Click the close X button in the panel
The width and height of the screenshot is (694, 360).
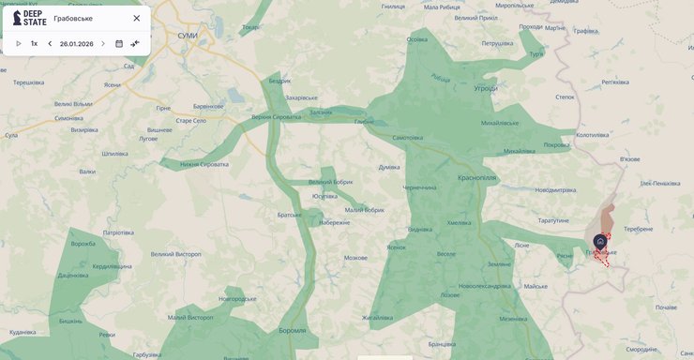point(136,18)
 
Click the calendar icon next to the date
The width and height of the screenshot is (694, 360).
point(119,43)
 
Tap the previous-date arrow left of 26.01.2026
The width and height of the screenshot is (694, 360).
point(50,43)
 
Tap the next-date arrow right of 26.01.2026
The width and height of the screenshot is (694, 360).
point(103,43)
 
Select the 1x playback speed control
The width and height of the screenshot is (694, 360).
point(34,43)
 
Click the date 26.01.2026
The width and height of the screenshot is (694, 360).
point(76,43)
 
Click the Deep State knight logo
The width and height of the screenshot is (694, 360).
point(17,18)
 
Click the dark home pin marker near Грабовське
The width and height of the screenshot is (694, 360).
point(600,241)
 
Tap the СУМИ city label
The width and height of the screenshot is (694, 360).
point(188,35)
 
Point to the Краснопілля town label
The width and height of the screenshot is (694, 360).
point(451,176)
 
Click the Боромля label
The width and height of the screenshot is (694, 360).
point(292,330)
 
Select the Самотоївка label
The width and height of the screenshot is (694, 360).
point(407,138)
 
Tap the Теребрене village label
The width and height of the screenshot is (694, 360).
point(638,229)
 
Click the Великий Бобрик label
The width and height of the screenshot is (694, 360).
point(330,182)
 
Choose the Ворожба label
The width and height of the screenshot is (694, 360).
point(83,244)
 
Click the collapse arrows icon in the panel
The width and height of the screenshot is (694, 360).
point(135,43)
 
